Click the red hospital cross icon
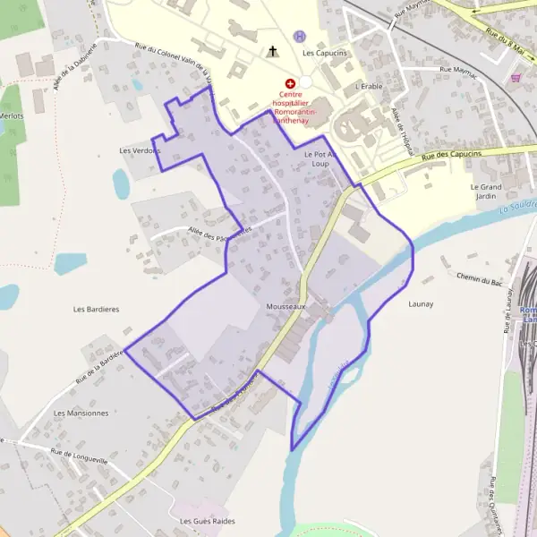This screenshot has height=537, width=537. click(x=289, y=82)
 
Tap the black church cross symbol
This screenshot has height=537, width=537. click(x=273, y=52)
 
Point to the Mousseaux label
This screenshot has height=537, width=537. click(x=286, y=306)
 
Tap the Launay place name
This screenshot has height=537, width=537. click(x=421, y=304)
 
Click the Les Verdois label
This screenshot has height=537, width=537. click(x=140, y=150)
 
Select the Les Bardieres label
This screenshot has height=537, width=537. click(x=96, y=309)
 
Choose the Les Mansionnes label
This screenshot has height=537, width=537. click(x=81, y=413)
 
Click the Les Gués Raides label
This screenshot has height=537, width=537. click(x=207, y=521)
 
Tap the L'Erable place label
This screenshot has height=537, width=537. click(x=368, y=87)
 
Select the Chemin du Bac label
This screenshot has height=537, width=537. click(x=479, y=280)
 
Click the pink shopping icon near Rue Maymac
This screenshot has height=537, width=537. click(x=516, y=78)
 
